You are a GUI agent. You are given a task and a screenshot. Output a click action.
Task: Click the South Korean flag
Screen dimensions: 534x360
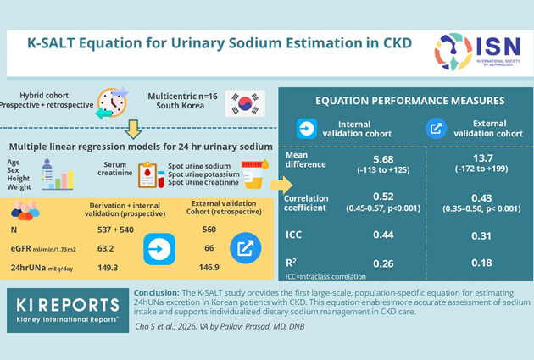245,103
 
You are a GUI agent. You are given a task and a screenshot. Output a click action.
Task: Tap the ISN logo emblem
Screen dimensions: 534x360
453,52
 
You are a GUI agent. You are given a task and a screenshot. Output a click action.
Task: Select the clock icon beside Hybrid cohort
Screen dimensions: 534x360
112,102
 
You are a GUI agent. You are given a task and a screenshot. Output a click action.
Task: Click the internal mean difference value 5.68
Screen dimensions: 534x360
383,159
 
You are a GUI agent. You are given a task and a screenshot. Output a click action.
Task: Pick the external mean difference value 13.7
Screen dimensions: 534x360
483,158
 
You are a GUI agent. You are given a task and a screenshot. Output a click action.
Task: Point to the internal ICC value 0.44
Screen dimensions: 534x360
383,235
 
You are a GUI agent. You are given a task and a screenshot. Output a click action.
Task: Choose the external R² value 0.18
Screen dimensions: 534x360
481,263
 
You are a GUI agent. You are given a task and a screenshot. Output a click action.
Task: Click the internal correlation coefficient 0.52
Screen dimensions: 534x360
383,197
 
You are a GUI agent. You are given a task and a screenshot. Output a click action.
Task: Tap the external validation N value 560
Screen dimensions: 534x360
209,230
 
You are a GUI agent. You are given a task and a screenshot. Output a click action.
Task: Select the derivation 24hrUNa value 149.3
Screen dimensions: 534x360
108,268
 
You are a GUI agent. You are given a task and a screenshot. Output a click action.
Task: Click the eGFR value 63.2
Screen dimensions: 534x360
106,249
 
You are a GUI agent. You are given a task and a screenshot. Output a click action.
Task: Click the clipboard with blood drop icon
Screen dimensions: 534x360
151,175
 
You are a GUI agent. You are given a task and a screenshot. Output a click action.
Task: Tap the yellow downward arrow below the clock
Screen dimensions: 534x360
133,129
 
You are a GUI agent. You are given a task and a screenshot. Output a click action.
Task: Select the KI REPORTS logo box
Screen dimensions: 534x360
68,310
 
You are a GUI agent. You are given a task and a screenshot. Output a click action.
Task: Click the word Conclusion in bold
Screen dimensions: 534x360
156,292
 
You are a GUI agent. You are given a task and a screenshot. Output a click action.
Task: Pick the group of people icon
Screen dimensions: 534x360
25,210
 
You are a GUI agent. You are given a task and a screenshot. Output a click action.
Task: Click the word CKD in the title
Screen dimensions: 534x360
398,43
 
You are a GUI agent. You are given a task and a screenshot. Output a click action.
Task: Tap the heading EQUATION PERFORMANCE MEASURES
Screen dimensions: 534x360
410,101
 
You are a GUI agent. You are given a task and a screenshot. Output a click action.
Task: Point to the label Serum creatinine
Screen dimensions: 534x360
115,169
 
